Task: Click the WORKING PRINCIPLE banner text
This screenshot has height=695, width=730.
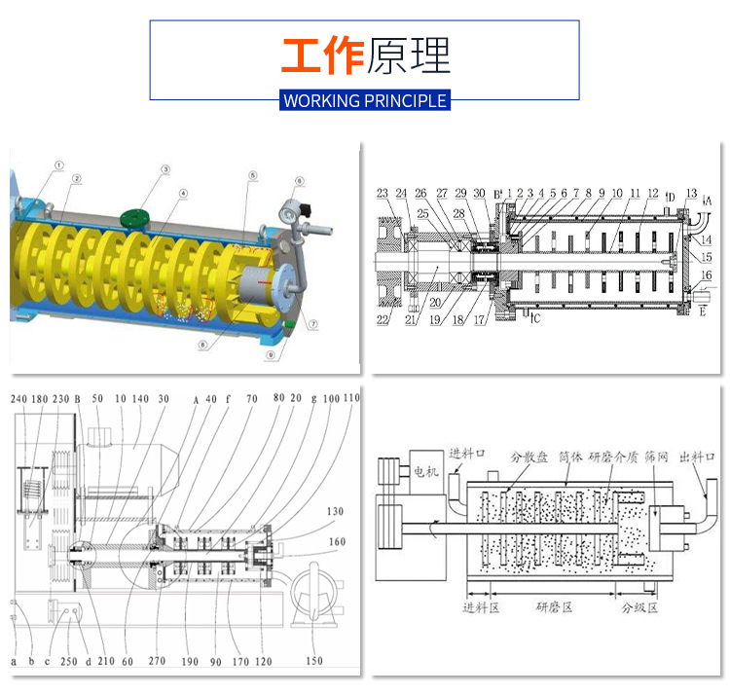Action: (x=365, y=100)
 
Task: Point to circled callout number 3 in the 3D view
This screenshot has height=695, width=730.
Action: (x=165, y=169)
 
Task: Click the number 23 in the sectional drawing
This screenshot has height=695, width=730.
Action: (x=383, y=192)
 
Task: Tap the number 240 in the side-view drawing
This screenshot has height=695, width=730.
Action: (x=19, y=398)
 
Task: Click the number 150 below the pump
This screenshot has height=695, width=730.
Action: (x=313, y=661)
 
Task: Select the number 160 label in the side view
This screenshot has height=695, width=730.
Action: (x=336, y=542)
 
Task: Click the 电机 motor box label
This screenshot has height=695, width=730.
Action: (x=425, y=471)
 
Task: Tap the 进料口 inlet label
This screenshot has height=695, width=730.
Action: (x=464, y=454)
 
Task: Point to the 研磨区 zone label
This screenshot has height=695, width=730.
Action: (x=556, y=607)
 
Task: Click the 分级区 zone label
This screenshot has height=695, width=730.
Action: (x=639, y=607)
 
